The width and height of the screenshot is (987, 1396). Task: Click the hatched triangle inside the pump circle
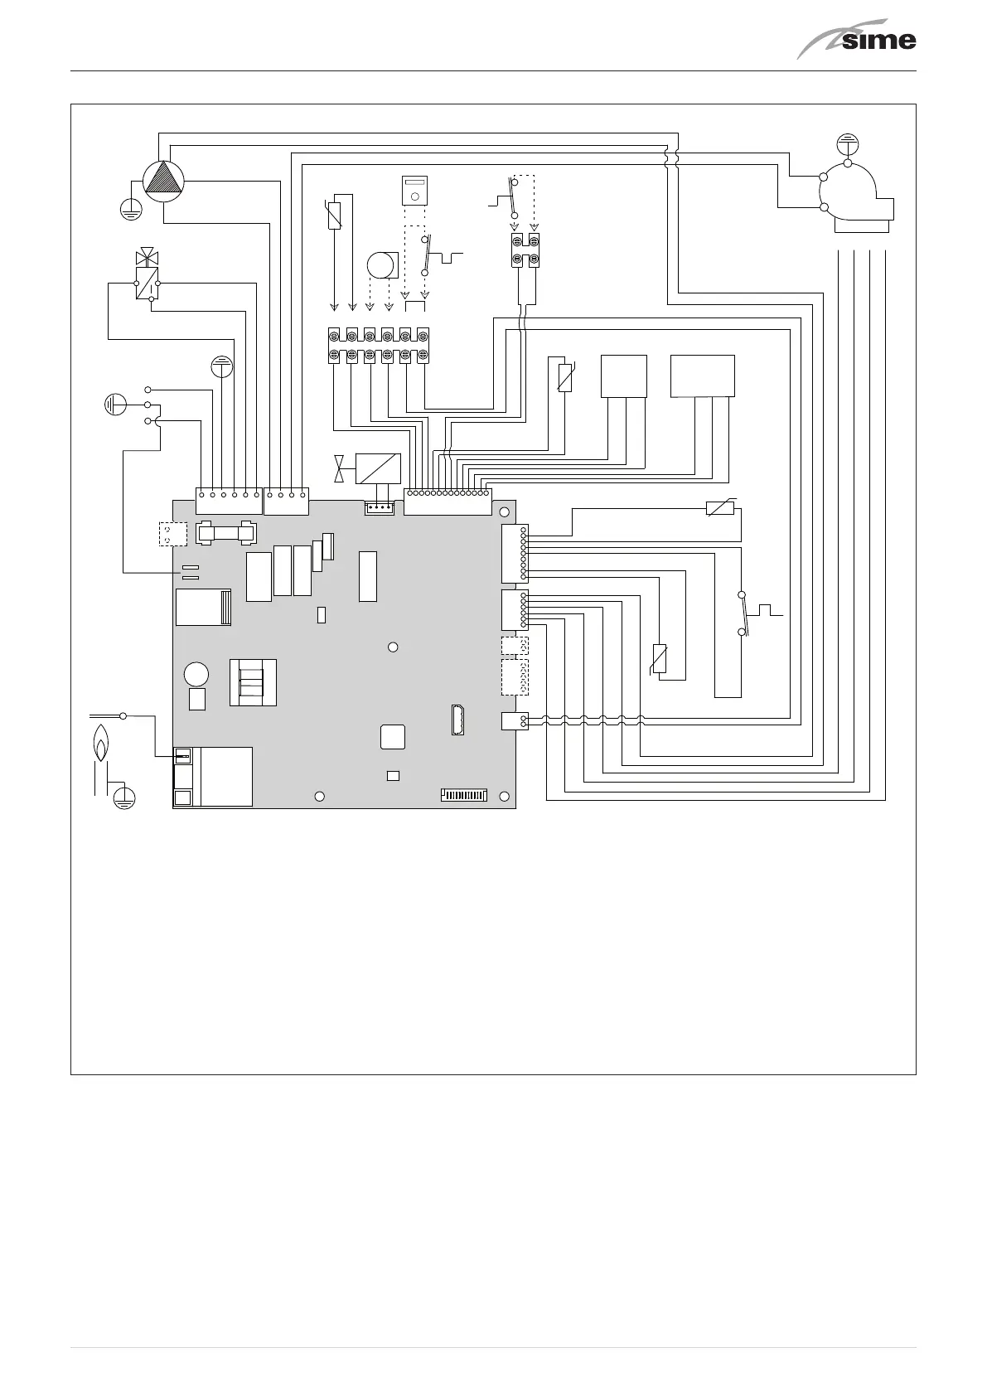(x=162, y=179)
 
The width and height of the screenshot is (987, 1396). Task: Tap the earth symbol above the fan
(x=848, y=143)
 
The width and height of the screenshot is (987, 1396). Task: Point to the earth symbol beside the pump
(x=128, y=208)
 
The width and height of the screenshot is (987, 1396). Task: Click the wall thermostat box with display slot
(x=414, y=189)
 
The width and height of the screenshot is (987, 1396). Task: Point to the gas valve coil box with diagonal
(x=377, y=468)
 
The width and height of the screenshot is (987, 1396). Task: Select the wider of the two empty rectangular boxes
(x=702, y=376)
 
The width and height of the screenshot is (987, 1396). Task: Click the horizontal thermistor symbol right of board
(x=720, y=508)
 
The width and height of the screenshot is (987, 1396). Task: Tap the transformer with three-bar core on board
(x=253, y=682)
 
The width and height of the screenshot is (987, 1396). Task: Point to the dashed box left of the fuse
(x=169, y=535)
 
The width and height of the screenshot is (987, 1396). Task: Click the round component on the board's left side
(x=196, y=673)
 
